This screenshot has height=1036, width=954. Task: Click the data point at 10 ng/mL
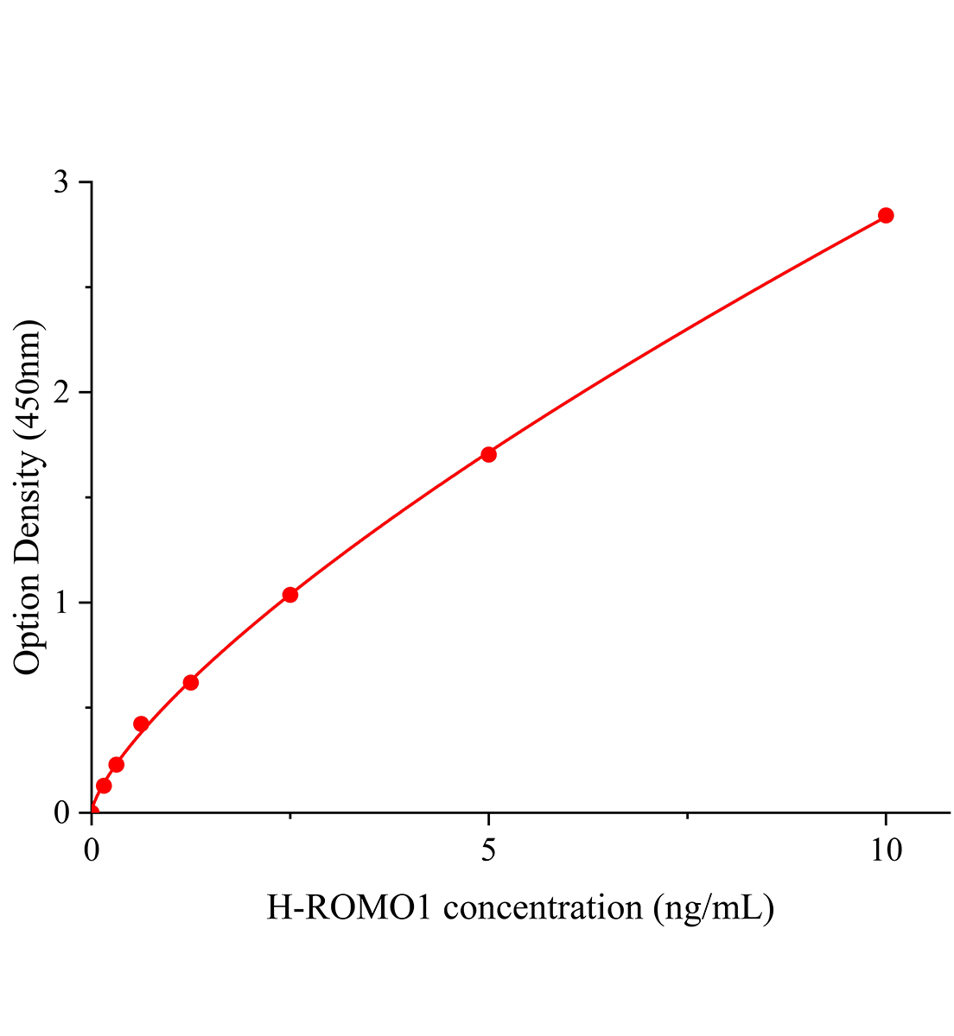pyautogui.click(x=886, y=215)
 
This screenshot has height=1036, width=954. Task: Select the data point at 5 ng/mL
pyautogui.click(x=488, y=454)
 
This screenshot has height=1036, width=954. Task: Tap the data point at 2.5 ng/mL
pyautogui.click(x=290, y=595)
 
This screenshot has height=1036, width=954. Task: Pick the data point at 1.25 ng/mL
pyautogui.click(x=191, y=683)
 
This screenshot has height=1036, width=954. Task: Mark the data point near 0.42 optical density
pyautogui.click(x=141, y=723)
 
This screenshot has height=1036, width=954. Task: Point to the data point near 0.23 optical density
pyautogui.click(x=117, y=765)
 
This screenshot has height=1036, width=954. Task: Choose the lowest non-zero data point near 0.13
pyautogui.click(x=104, y=786)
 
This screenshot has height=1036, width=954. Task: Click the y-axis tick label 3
pyautogui.click(x=61, y=183)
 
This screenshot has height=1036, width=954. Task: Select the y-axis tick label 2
pyautogui.click(x=61, y=393)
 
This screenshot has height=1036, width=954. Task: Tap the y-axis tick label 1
pyautogui.click(x=61, y=603)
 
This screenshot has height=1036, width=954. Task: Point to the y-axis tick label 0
pyautogui.click(x=61, y=812)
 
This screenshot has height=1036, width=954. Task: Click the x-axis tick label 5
pyautogui.click(x=489, y=850)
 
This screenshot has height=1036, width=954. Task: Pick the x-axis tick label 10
pyautogui.click(x=886, y=850)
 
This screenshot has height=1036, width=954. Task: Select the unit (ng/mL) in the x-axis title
pyautogui.click(x=714, y=907)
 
